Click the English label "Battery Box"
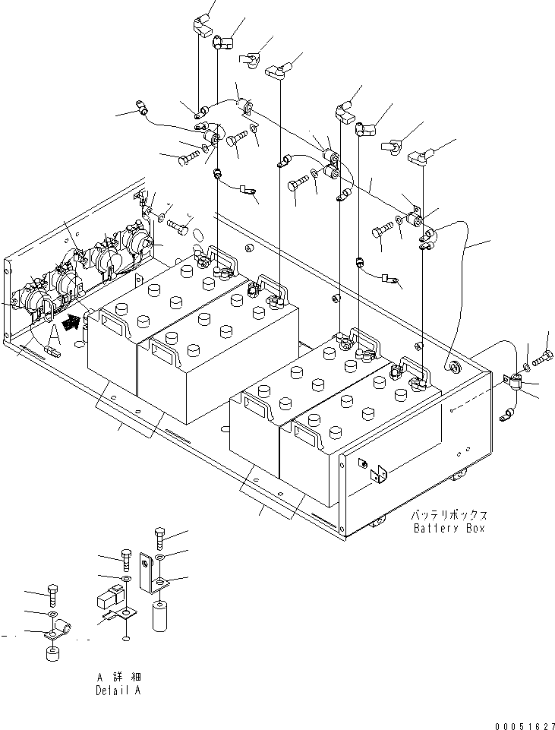click(x=449, y=528)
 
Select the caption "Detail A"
click(x=118, y=690)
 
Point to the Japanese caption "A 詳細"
click(x=118, y=677)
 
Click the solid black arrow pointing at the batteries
click(x=71, y=322)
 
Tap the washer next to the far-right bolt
click(x=528, y=357)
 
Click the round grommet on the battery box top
click(x=455, y=368)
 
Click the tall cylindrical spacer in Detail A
click(x=159, y=615)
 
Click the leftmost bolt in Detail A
click(x=52, y=592)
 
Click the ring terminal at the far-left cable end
click(x=141, y=107)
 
